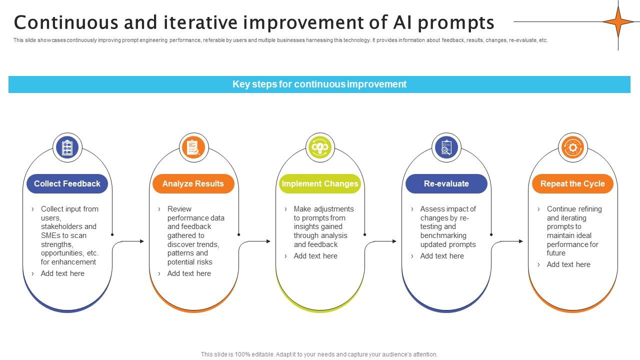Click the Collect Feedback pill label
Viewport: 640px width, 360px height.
[x=67, y=183]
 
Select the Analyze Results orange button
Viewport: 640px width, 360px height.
[x=193, y=183]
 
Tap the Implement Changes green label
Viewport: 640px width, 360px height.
[x=320, y=183]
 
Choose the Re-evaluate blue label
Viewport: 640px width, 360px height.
[x=446, y=183]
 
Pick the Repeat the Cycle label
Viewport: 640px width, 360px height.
[x=572, y=183]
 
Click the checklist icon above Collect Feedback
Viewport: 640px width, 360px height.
[x=67, y=147]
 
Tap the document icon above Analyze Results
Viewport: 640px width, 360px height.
[x=193, y=147]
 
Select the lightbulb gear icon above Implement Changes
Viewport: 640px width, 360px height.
[x=320, y=147]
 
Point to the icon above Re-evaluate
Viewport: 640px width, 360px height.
[x=446, y=147]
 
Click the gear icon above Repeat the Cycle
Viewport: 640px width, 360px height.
[x=572, y=147]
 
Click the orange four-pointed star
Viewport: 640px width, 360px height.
[x=618, y=21]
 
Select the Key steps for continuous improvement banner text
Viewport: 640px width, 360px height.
[x=319, y=84]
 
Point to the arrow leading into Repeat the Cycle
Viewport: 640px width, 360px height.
[x=510, y=241]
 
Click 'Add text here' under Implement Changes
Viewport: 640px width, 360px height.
[x=315, y=256]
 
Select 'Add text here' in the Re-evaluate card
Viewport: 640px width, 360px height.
[x=442, y=256]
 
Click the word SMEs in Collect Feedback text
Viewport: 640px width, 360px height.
[x=50, y=235]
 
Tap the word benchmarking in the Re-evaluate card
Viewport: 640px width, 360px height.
[x=443, y=235]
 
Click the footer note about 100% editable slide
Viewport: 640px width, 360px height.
[x=319, y=354]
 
